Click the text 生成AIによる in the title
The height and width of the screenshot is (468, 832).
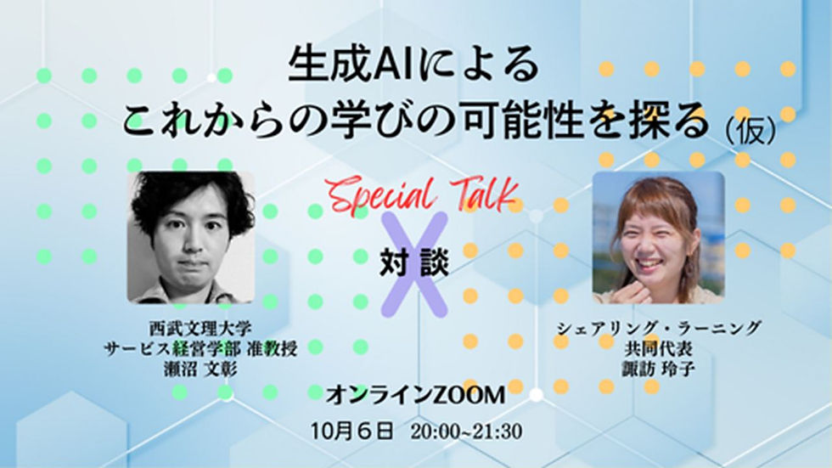[413, 66]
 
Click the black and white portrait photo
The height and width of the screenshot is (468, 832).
[191, 237]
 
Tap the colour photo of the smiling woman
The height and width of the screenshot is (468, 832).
[658, 237]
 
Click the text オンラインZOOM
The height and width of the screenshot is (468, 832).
[416, 395]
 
